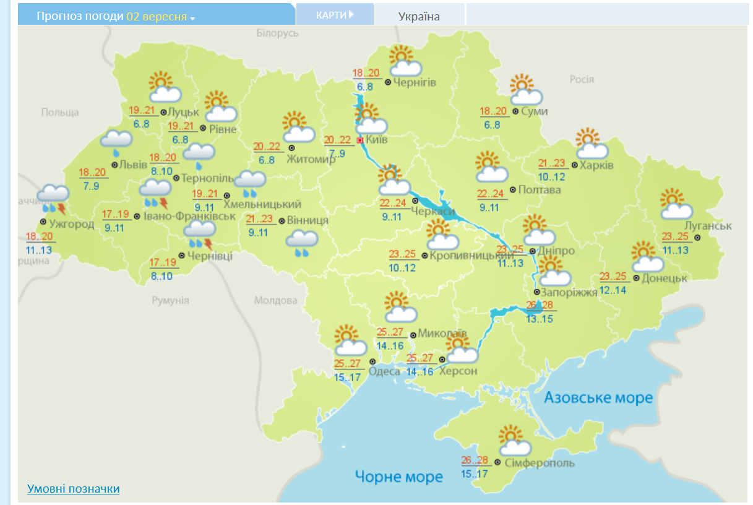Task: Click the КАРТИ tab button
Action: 334,14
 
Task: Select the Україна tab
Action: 419,16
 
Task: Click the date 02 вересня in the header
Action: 157,16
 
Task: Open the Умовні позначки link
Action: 73,489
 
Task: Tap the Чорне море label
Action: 399,476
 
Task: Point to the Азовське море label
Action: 598,397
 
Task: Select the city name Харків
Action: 596,165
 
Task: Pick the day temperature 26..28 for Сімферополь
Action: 475,460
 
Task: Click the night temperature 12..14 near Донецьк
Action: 613,290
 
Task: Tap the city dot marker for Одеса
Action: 372,361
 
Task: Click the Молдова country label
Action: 276,301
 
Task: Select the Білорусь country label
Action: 277,33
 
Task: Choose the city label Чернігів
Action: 415,82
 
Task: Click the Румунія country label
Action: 170,301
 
